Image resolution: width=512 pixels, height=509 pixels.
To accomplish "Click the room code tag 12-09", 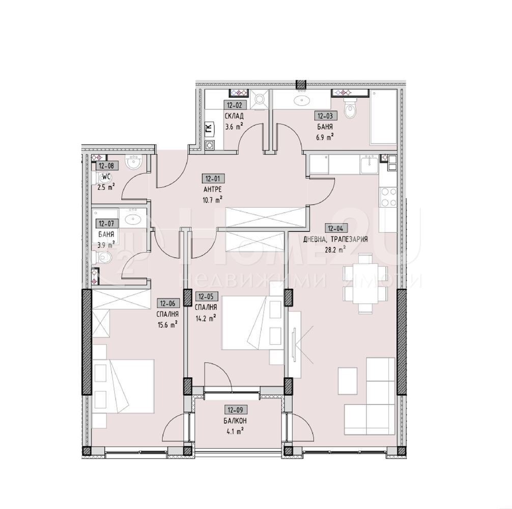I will [235, 409].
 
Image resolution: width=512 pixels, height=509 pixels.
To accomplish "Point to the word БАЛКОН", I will [235, 420].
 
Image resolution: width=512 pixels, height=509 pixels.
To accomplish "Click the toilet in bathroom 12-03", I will [351, 108].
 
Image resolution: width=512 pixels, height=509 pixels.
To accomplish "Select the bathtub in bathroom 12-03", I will [382, 118].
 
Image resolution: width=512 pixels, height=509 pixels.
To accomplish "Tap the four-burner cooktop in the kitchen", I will [388, 197].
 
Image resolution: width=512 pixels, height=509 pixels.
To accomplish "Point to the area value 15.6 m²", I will [167, 324].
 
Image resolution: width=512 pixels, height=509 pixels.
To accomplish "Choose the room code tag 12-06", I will [167, 302].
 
